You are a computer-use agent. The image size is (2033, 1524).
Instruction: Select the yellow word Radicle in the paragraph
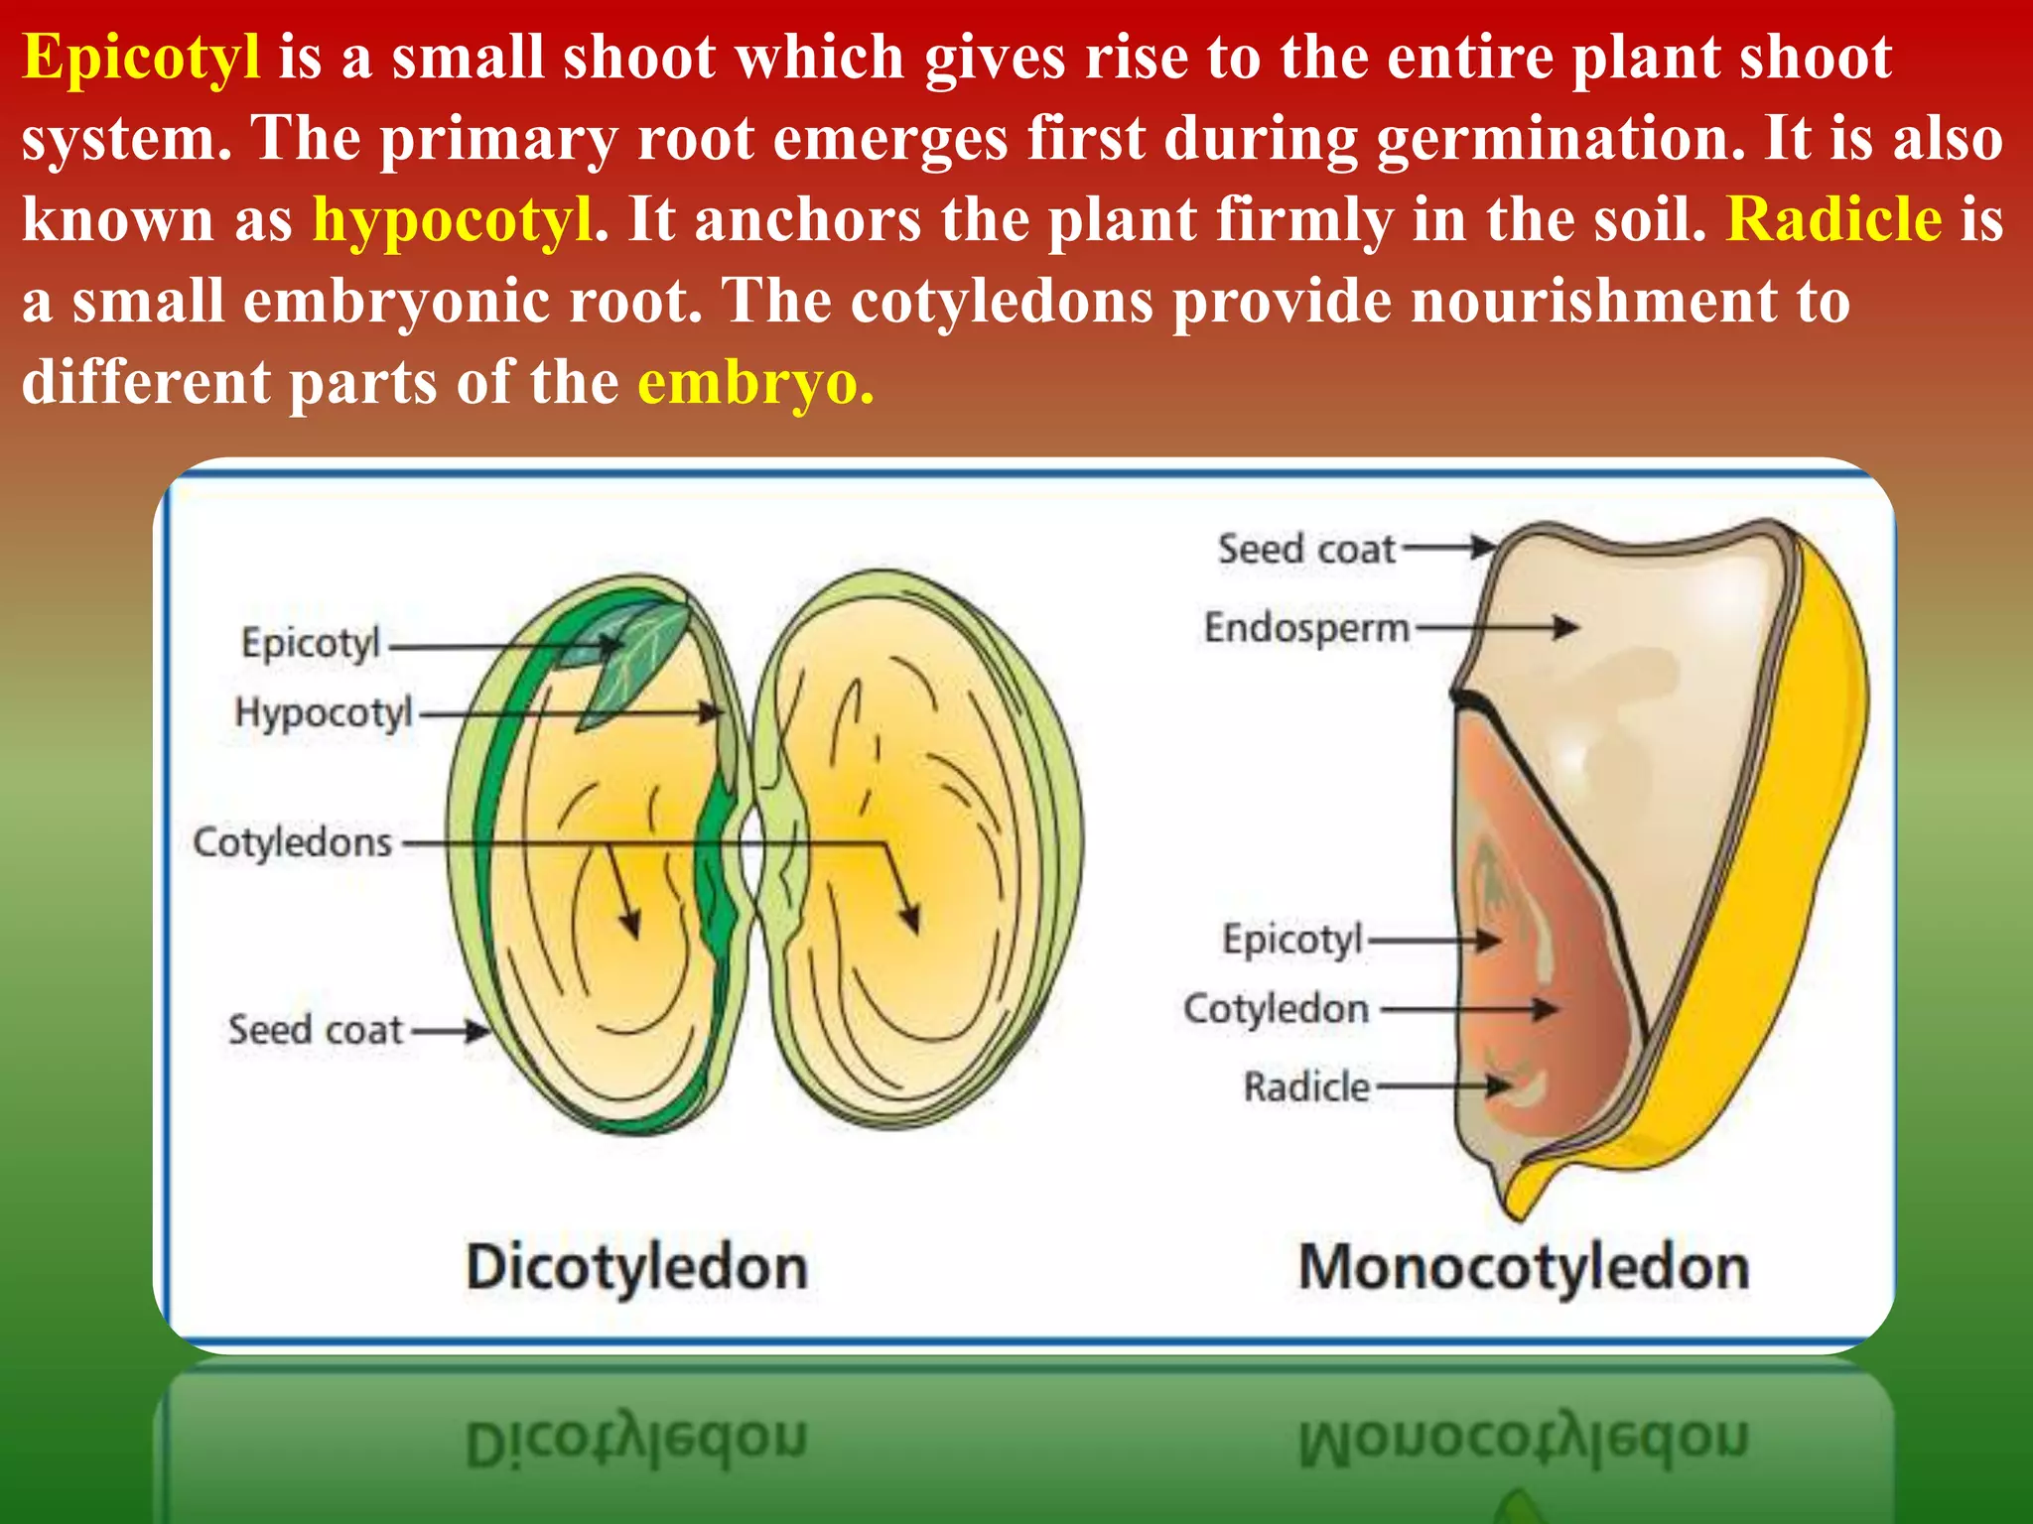[x=1834, y=219]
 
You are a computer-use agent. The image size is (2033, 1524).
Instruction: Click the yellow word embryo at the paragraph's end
[x=754, y=384]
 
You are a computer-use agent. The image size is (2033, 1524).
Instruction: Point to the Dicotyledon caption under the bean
[x=636, y=1269]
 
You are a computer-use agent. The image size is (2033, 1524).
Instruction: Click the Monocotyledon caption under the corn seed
[x=1524, y=1269]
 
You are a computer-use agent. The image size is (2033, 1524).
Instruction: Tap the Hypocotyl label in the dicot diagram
[x=324, y=713]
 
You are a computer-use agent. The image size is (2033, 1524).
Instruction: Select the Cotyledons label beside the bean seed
[x=293, y=842]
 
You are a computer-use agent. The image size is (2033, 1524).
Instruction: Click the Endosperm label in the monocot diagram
[x=1306, y=628]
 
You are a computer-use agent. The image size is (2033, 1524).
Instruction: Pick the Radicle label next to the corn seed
[x=1306, y=1087]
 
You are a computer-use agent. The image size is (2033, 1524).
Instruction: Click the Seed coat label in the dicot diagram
[x=316, y=1030]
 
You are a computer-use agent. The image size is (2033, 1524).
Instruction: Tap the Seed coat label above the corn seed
[x=1306, y=549]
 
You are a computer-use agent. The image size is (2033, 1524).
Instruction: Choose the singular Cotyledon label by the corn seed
[x=1277, y=1009]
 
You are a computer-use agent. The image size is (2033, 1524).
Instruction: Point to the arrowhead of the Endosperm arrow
[x=1568, y=627]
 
